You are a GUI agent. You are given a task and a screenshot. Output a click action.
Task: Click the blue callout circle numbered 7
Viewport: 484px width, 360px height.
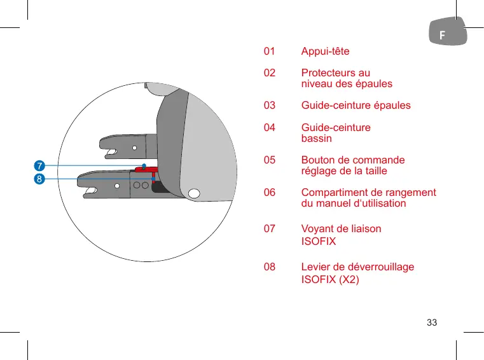(x=39, y=166)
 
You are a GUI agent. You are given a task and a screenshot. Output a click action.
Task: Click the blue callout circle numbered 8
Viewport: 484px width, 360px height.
(x=39, y=179)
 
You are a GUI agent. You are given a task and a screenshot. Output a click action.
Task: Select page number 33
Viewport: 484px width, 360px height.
(x=432, y=322)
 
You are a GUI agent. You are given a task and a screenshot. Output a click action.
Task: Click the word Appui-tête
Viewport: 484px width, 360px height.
(x=325, y=52)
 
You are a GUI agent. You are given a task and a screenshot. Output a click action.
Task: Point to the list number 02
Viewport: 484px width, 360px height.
(x=270, y=73)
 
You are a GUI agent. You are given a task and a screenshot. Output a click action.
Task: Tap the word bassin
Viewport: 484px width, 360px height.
(x=316, y=138)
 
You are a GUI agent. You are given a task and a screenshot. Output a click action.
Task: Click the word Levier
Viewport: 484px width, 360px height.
(x=315, y=267)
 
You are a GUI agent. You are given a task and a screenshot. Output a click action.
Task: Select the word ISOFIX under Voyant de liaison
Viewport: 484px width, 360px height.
(x=319, y=242)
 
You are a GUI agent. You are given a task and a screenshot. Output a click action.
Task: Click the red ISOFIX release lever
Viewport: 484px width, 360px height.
(x=146, y=169)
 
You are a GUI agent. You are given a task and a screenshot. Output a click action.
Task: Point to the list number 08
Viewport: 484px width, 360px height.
(x=270, y=267)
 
